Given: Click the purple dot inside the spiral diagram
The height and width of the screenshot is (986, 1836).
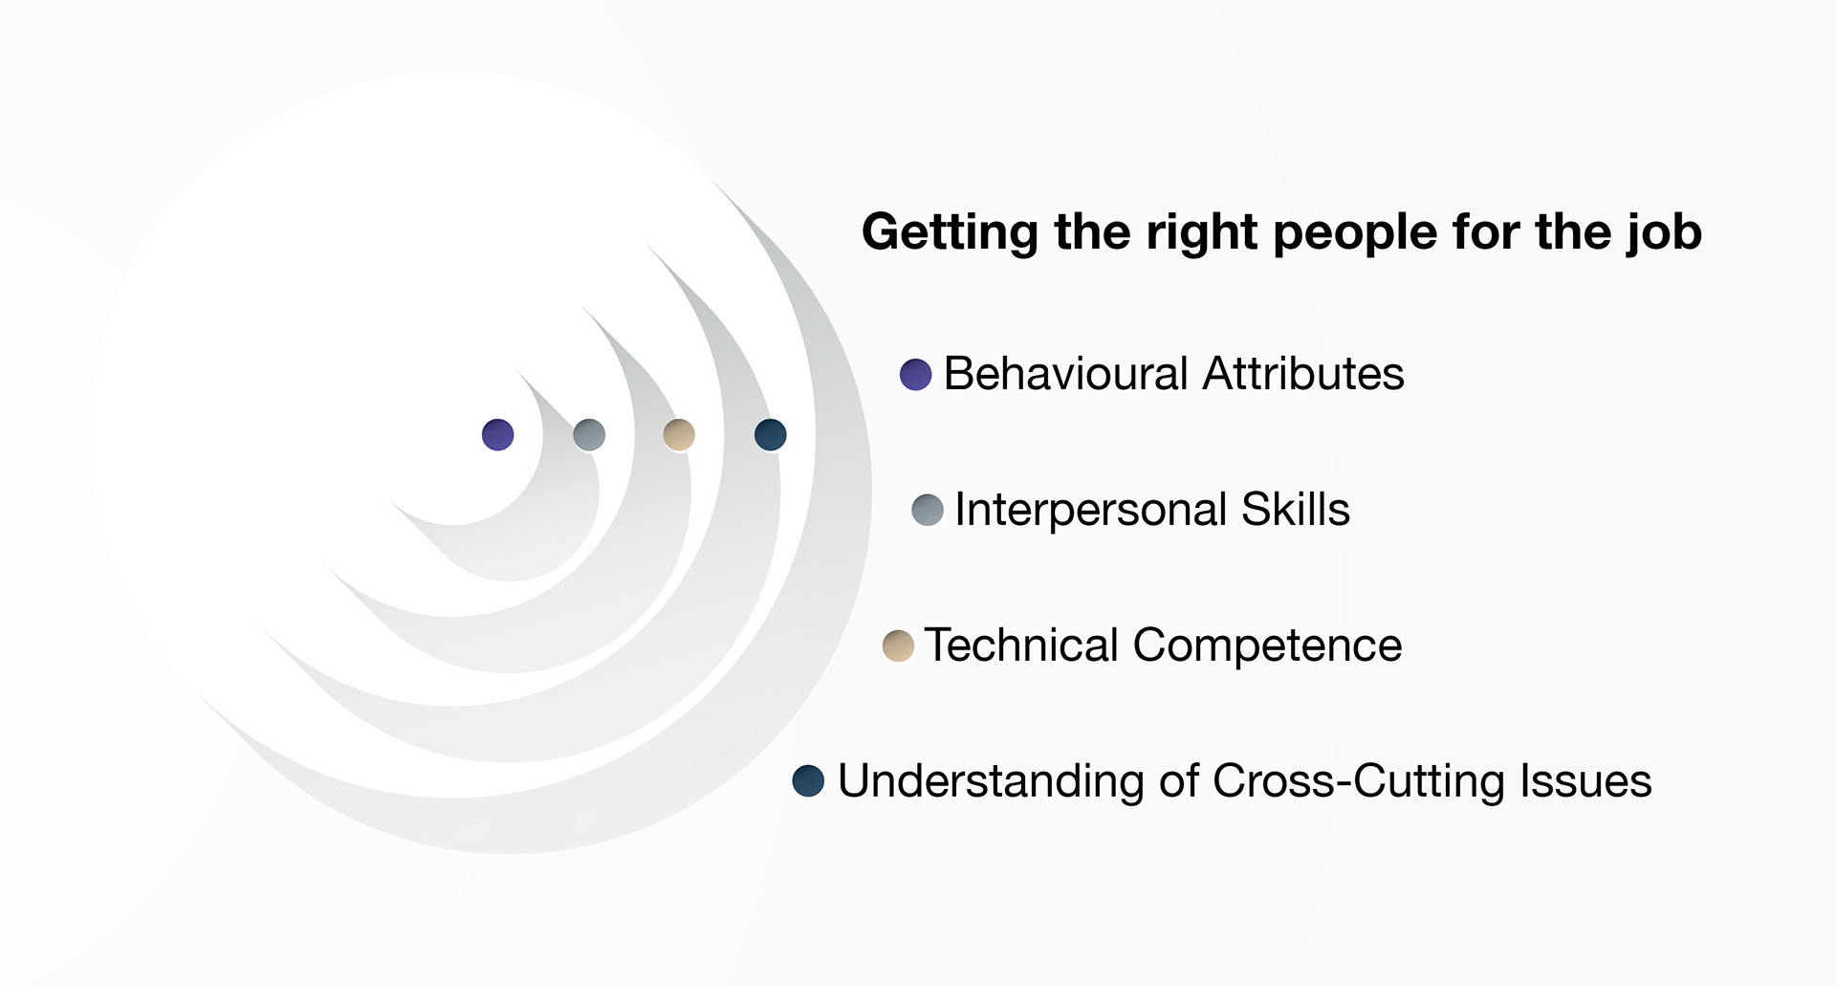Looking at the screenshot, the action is (x=497, y=434).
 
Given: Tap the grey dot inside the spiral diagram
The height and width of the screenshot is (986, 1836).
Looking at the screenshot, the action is (x=589, y=434).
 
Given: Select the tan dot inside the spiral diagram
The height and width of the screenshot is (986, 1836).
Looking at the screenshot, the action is (x=679, y=434).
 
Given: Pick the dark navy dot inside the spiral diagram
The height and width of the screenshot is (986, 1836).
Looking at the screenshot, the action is (x=770, y=434).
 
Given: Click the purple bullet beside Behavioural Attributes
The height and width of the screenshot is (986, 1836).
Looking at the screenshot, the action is (x=915, y=374).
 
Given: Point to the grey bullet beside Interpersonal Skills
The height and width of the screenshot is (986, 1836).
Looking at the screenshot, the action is (x=928, y=510).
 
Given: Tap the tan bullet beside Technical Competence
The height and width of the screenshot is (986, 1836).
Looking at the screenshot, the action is (x=898, y=646).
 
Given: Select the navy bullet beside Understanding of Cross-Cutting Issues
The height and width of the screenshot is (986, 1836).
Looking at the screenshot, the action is (x=808, y=780).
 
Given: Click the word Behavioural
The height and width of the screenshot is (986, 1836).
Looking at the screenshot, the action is (x=1065, y=373).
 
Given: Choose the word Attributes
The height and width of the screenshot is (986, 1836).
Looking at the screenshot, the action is (x=1303, y=373).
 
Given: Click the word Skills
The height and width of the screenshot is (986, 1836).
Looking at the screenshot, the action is (x=1295, y=509).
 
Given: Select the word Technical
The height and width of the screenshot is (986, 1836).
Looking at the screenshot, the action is (x=1020, y=646).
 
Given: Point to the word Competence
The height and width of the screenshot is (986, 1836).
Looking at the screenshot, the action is (x=1267, y=646).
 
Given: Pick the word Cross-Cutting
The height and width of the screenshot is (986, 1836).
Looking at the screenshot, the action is (x=1359, y=780).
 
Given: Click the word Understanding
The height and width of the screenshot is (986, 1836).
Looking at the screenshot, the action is (x=990, y=781).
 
